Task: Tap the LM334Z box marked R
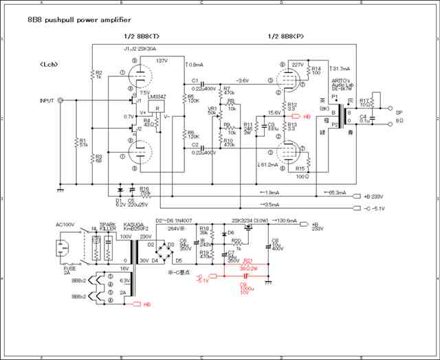click(158, 110)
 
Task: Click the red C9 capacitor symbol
click(245, 277)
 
